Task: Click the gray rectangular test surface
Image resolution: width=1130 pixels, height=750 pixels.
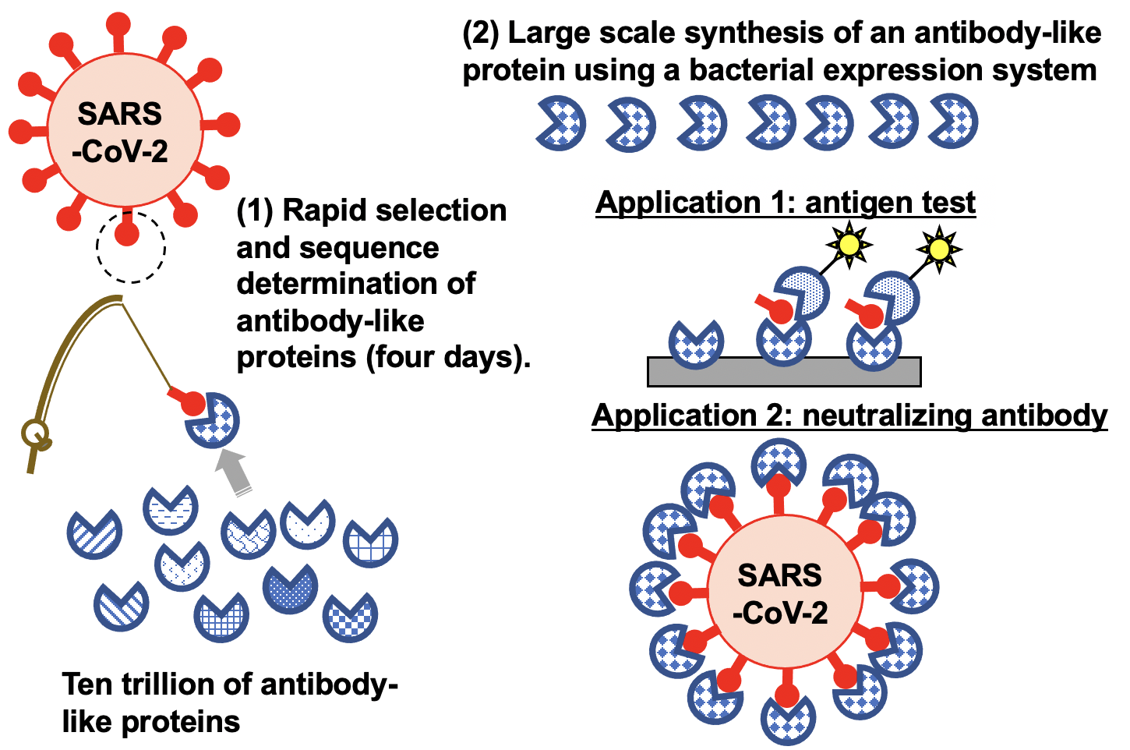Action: [x=784, y=372]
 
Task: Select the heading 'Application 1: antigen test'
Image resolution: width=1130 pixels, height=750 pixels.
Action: [x=785, y=203]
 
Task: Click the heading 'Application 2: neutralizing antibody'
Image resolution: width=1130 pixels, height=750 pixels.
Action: [x=849, y=416]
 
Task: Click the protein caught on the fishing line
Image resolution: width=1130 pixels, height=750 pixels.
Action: [x=213, y=420]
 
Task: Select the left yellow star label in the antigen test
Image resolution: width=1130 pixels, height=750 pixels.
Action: [x=849, y=245]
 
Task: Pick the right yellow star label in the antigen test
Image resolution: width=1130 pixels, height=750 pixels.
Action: [x=939, y=249]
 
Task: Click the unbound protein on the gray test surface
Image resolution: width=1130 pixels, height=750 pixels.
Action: [x=696, y=344]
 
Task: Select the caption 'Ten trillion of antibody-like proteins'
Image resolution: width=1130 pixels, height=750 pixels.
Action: [x=229, y=702]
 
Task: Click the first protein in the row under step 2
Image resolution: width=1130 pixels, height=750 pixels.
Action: [x=562, y=123]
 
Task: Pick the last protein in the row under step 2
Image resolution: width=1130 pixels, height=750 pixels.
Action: [x=954, y=122]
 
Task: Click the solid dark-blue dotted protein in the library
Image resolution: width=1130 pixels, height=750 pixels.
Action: [x=291, y=589]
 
